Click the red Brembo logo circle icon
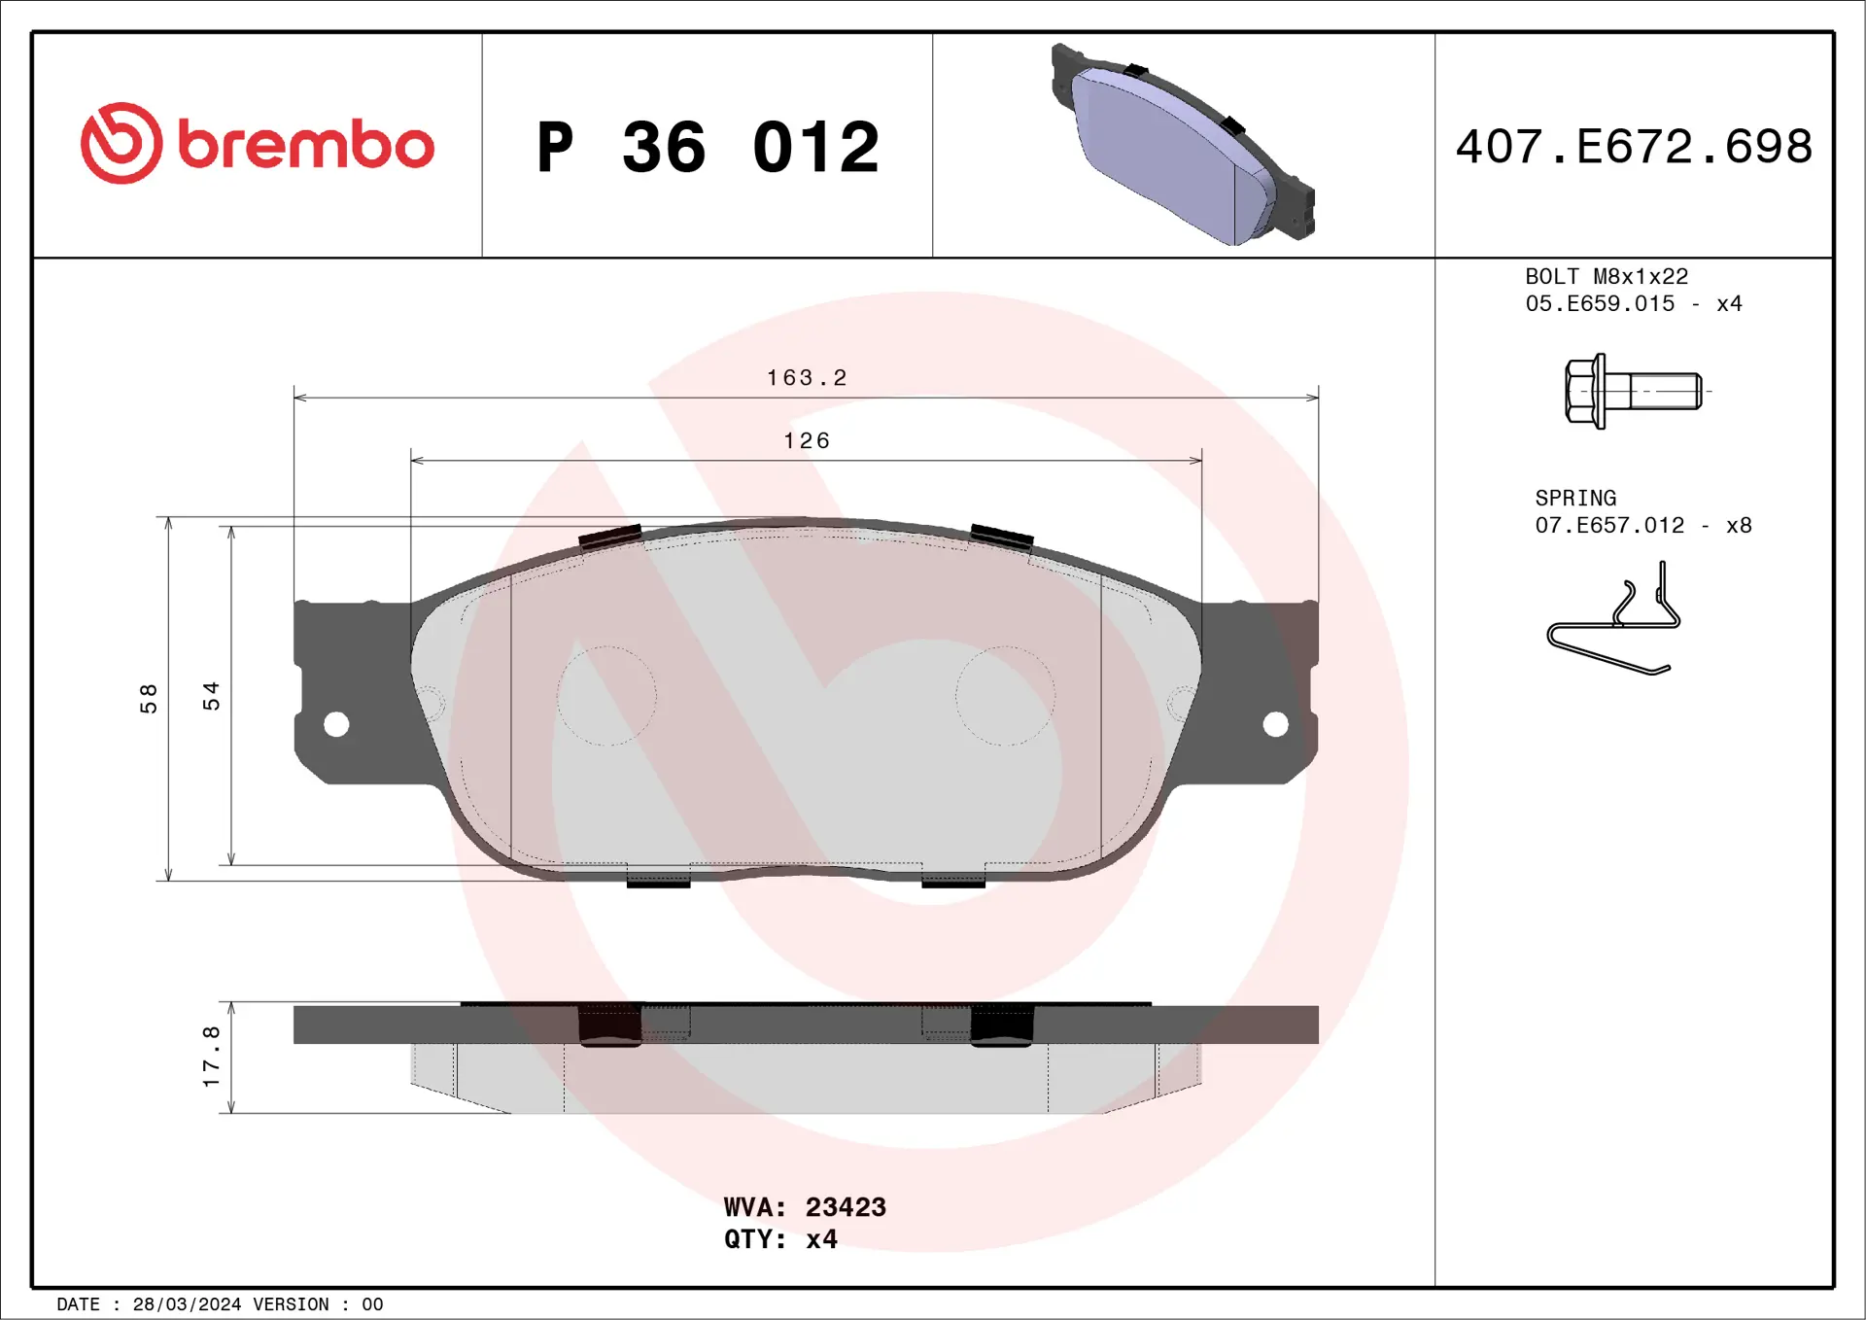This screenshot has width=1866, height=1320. [121, 143]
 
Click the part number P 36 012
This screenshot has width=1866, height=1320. [708, 148]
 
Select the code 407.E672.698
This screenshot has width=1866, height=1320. [1634, 147]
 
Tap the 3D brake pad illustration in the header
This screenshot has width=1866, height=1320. [1182, 146]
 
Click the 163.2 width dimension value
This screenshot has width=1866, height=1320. [807, 378]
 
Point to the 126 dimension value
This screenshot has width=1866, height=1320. [807, 441]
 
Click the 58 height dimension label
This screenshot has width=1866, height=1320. [149, 698]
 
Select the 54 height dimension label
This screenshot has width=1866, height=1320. [211, 696]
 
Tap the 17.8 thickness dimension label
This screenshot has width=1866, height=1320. [211, 1057]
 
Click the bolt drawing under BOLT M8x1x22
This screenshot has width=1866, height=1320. [1634, 391]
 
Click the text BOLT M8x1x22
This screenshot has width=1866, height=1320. [1607, 277]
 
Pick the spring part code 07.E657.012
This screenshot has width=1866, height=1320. [1609, 526]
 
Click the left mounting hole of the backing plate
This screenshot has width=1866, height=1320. [336, 724]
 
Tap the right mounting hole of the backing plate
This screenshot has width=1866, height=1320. [1275, 724]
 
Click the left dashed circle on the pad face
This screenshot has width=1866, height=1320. [606, 696]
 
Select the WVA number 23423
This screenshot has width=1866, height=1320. [846, 1207]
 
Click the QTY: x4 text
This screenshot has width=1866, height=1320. [780, 1239]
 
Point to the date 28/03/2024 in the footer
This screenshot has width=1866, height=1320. [187, 1304]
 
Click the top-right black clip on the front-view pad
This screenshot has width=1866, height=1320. [1001, 536]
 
